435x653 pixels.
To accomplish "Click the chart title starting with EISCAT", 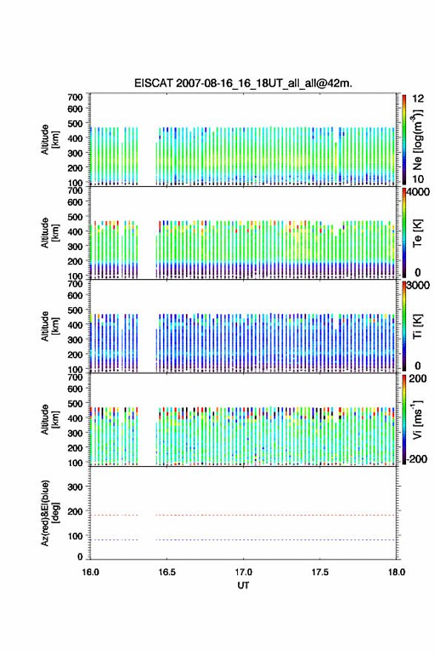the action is click(x=243, y=83).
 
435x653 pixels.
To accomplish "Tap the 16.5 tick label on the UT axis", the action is click(x=167, y=572).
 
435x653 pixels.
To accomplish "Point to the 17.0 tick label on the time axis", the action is click(x=243, y=572).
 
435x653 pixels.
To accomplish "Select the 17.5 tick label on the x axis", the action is click(x=320, y=572).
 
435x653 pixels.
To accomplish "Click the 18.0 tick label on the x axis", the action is click(x=396, y=572).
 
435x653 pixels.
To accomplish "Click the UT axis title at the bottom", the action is click(x=243, y=585).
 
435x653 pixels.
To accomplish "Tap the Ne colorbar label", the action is click(x=417, y=140).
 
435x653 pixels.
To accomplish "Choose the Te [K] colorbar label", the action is click(x=417, y=233).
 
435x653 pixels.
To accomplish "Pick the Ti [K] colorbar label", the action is click(x=417, y=326).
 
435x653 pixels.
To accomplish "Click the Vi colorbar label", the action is click(x=417, y=419).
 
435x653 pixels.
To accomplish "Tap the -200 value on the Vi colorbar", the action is click(x=417, y=459).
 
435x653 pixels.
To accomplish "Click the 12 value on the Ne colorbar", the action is click(x=418, y=99).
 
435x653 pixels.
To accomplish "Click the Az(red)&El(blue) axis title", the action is click(x=50, y=513).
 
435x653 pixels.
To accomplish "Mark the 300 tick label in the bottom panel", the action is click(x=75, y=487).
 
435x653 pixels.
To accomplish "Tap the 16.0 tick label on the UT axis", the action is click(x=90, y=572).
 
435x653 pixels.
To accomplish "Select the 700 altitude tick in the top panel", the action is click(x=75, y=97).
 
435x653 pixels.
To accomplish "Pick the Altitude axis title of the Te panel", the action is click(x=50, y=233).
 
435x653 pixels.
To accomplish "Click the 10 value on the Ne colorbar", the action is click(x=418, y=179).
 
